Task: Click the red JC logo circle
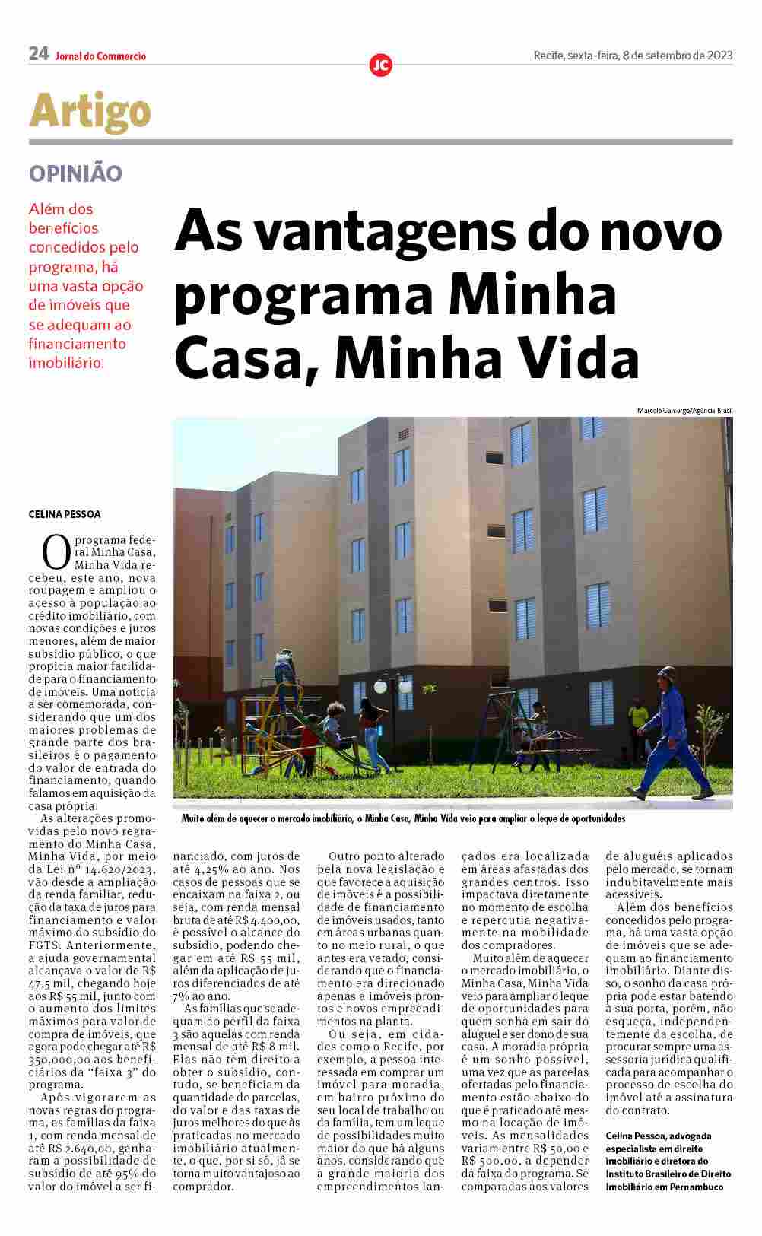click(380, 65)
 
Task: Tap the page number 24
click(38, 54)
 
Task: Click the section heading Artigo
click(90, 111)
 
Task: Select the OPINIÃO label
click(75, 173)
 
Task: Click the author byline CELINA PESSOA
click(65, 514)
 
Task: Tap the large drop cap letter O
click(56, 552)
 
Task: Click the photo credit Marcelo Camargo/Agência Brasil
click(684, 411)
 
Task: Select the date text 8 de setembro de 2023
click(677, 56)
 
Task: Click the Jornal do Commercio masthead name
click(100, 56)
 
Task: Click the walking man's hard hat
click(668, 673)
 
